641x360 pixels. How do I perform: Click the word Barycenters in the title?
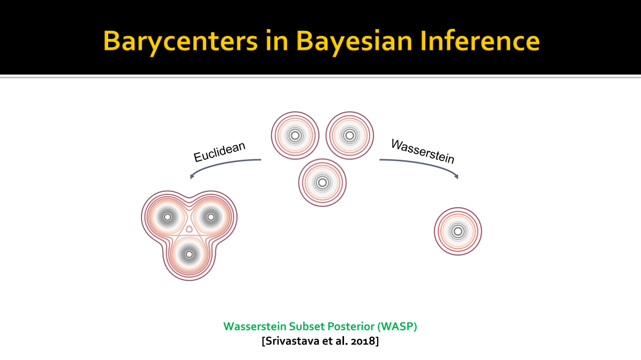(x=180, y=42)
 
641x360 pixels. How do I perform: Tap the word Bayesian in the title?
(x=354, y=42)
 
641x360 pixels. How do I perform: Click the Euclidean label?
(x=219, y=152)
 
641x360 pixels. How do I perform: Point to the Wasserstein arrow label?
(x=423, y=151)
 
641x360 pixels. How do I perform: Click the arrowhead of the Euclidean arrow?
(x=192, y=176)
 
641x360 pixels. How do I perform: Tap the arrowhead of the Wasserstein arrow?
(x=456, y=176)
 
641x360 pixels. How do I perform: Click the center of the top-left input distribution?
(x=295, y=136)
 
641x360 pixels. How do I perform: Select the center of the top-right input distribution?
(x=350, y=136)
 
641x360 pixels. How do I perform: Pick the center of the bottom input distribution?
(x=322, y=183)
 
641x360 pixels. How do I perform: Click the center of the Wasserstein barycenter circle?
(x=458, y=231)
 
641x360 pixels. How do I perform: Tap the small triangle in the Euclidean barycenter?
(x=189, y=229)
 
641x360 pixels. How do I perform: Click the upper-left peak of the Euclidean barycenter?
(x=168, y=217)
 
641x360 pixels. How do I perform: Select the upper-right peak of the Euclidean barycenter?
(x=211, y=217)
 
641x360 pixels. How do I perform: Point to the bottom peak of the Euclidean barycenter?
(x=189, y=254)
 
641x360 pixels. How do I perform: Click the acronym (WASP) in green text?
(x=397, y=326)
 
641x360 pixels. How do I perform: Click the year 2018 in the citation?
(x=364, y=341)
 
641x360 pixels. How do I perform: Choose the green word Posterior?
(x=351, y=326)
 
